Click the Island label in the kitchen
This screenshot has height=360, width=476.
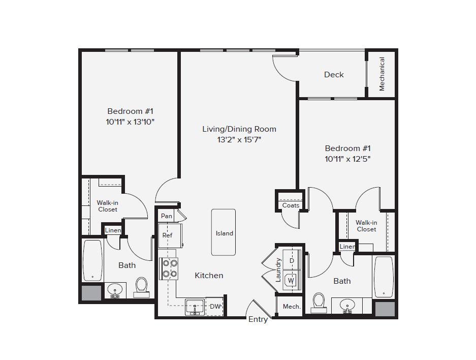click(x=224, y=233)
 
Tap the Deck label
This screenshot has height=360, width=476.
click(x=334, y=75)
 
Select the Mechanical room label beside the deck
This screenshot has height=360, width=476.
click(x=382, y=74)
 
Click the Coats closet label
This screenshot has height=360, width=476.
click(x=291, y=205)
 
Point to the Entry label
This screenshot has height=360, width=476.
click(x=258, y=319)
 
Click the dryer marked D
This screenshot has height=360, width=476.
click(x=291, y=260)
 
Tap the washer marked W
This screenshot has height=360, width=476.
click(x=291, y=280)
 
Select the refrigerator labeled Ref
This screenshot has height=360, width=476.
click(x=167, y=235)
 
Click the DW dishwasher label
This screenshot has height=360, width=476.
click(x=215, y=307)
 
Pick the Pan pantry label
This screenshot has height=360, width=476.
click(x=166, y=216)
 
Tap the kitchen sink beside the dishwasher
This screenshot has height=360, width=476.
click(x=195, y=307)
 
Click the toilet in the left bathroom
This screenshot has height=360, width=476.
click(x=141, y=286)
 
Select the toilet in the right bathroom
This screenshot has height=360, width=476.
click(x=319, y=301)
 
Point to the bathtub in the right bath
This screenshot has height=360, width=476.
click(x=384, y=277)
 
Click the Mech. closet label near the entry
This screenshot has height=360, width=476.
click(x=291, y=307)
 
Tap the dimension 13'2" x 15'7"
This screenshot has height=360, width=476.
click(x=239, y=140)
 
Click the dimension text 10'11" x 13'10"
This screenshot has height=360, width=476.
click(x=130, y=122)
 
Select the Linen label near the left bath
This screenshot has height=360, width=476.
click(x=113, y=230)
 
